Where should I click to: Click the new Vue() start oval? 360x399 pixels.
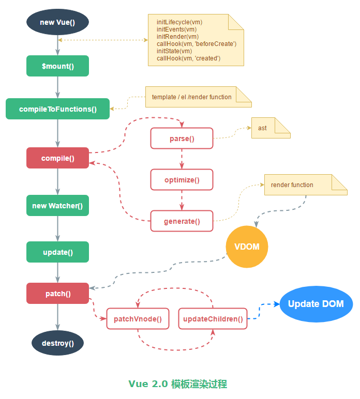pyautogui.click(x=57, y=22)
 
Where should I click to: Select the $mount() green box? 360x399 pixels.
pyautogui.click(x=57, y=66)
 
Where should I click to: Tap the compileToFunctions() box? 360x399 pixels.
pyautogui.click(x=57, y=109)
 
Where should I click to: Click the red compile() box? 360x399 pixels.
pyautogui.click(x=57, y=158)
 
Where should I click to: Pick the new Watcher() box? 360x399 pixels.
pyautogui.click(x=57, y=206)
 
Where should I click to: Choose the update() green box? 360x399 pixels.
pyautogui.click(x=57, y=252)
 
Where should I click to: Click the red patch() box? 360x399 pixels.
pyautogui.click(x=57, y=294)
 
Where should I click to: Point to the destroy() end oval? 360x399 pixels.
pyautogui.click(x=57, y=343)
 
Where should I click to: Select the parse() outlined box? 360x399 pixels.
pyautogui.click(x=182, y=139)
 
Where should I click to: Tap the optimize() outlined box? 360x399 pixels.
pyautogui.click(x=182, y=180)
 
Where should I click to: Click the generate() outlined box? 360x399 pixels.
pyautogui.click(x=182, y=221)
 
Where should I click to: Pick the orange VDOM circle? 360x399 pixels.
pyautogui.click(x=248, y=247)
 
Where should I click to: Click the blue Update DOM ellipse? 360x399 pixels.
pyautogui.click(x=316, y=304)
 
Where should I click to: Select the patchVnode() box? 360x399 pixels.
pyautogui.click(x=138, y=319)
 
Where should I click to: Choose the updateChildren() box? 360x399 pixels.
pyautogui.click(x=213, y=319)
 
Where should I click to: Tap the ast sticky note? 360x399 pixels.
pyautogui.click(x=269, y=128)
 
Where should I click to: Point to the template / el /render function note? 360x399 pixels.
pyautogui.click(x=198, y=97)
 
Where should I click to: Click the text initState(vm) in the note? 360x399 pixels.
pyautogui.click(x=174, y=51)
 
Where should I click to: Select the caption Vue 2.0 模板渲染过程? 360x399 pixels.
pyautogui.click(x=178, y=384)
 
